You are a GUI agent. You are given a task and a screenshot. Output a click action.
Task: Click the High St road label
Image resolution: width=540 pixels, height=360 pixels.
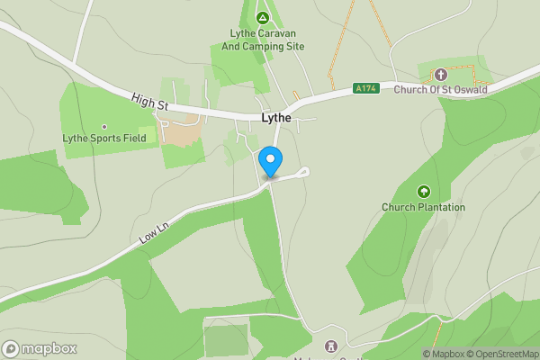pos(149,103)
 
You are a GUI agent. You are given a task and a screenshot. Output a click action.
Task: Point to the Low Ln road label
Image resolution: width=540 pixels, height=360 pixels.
pos(156,233)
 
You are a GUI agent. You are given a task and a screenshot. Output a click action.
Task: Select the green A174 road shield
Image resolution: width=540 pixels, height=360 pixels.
pos(365,88)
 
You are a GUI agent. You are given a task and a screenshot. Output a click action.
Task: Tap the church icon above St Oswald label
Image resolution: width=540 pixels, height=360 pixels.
pos(440,74)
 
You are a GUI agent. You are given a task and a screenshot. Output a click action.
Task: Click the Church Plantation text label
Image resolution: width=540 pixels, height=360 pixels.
pos(423,207)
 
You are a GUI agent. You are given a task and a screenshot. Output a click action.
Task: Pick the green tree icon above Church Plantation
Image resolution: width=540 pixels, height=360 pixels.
pos(423,191)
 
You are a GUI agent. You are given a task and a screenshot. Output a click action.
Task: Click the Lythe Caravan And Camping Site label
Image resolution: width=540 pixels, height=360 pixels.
pos(262,40)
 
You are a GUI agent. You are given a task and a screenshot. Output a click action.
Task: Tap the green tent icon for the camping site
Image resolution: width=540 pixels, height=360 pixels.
pos(262,18)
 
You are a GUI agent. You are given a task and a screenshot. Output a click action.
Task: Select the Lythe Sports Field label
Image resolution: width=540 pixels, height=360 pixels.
pos(104,139)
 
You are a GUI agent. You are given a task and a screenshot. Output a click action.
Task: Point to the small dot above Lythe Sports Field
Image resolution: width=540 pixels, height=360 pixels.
pos(104,127)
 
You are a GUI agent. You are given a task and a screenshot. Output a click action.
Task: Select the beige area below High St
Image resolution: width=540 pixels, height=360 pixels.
pos(184,134)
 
